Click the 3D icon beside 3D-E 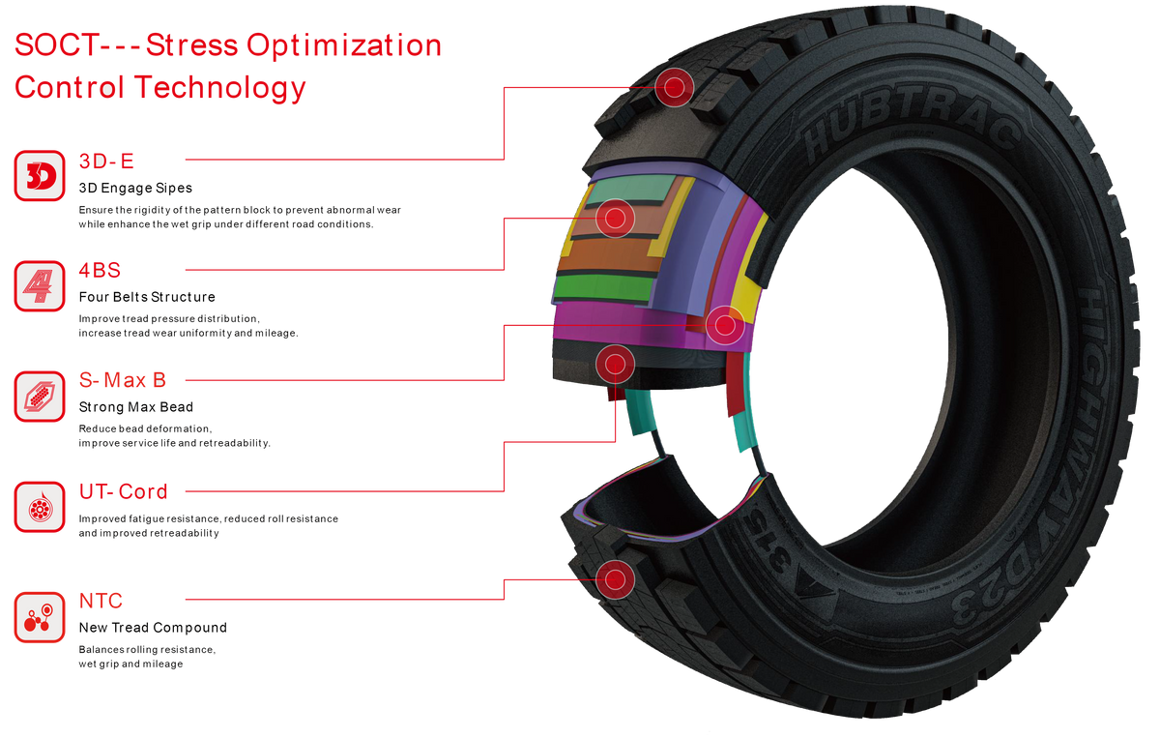coord(40,176)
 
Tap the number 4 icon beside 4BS coord(40,286)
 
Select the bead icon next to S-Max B coord(40,397)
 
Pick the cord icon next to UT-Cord coord(40,507)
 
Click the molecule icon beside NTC coord(40,617)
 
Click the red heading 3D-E coord(106,162)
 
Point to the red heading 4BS coord(100,271)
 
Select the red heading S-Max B coord(122,380)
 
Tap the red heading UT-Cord coord(124,491)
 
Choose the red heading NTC coord(101,602)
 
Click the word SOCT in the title coord(56,45)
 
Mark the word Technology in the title coord(220,88)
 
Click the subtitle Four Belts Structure coord(147,297)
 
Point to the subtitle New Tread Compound coord(153,628)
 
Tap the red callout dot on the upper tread coord(675,88)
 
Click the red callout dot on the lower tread coord(615,579)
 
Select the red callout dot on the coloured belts coord(615,219)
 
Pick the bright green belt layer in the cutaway coord(604,288)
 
